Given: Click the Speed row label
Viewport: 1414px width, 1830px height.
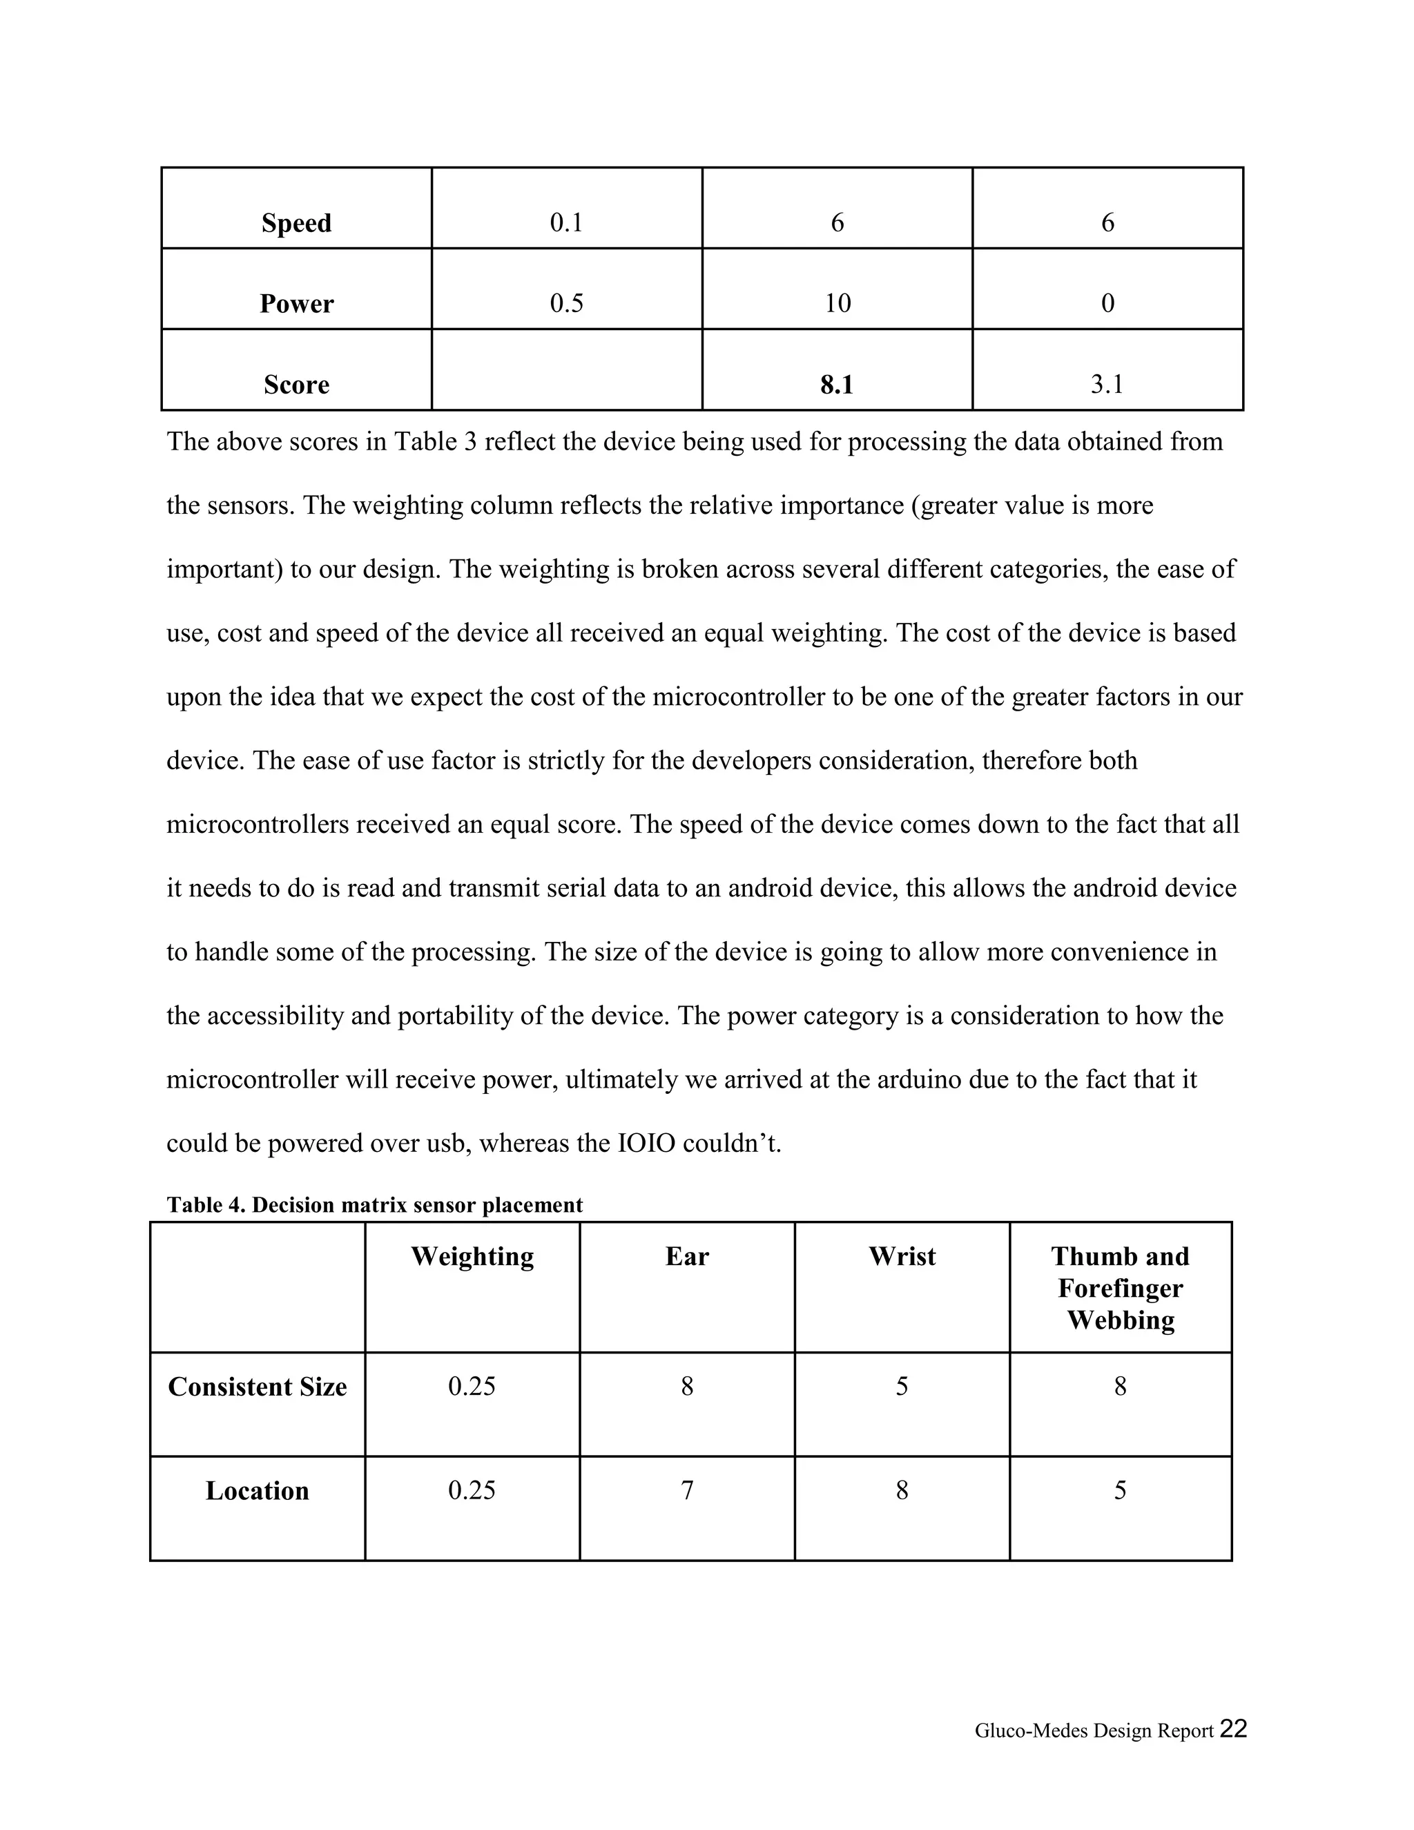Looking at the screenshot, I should pyautogui.click(x=296, y=223).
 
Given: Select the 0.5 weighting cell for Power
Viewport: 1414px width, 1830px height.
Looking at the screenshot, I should pyautogui.click(x=566, y=303).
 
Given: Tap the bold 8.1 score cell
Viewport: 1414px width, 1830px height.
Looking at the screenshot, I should pyautogui.click(x=837, y=385).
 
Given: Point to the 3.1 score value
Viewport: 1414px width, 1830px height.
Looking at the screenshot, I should pyautogui.click(x=1107, y=385).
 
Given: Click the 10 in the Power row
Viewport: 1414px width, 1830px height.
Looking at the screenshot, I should pyautogui.click(x=837, y=303).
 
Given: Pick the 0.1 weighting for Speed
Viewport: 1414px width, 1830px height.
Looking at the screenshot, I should pyautogui.click(x=566, y=223).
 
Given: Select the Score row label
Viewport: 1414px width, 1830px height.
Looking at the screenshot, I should pyautogui.click(x=296, y=385).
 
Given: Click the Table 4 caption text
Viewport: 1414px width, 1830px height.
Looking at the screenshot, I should pyautogui.click(x=374, y=1205).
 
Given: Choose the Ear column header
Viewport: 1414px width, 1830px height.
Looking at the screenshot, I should pyautogui.click(x=687, y=1257).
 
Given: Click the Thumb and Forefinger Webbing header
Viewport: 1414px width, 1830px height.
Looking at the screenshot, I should pyautogui.click(x=1120, y=1288).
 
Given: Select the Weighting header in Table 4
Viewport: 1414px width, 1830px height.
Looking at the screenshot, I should pyautogui.click(x=472, y=1257).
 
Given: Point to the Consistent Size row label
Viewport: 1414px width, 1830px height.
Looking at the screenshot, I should pyautogui.click(x=257, y=1387).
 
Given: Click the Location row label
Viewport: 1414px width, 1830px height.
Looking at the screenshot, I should pyautogui.click(x=257, y=1491).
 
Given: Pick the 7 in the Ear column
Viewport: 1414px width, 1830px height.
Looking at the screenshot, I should pyautogui.click(x=687, y=1491).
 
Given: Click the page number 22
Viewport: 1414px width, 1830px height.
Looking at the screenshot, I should pyautogui.click(x=1233, y=1728).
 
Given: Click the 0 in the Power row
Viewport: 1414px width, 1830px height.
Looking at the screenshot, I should pyautogui.click(x=1107, y=303).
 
